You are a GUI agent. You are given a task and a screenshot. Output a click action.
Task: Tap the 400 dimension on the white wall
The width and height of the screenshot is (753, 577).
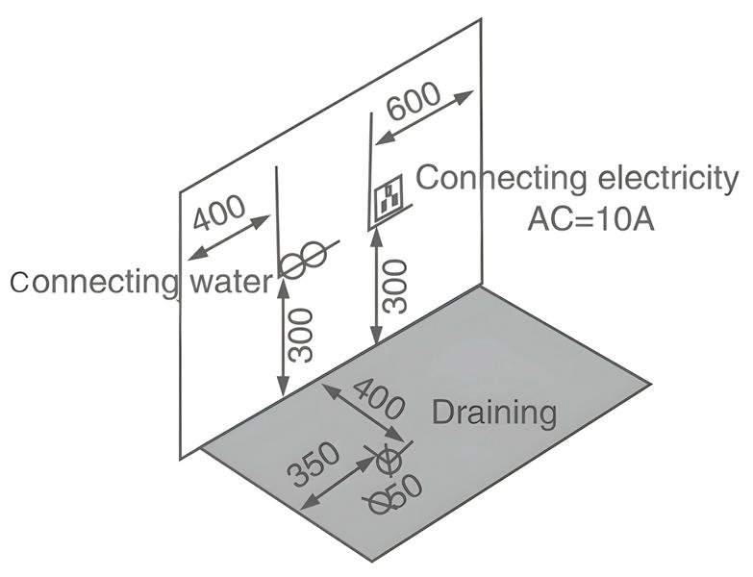pyautogui.click(x=219, y=213)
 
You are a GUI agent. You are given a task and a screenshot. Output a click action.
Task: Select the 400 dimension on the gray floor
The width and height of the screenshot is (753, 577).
pyautogui.click(x=378, y=396)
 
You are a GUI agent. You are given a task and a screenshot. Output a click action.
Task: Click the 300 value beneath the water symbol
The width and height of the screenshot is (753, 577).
pyautogui.click(x=302, y=336)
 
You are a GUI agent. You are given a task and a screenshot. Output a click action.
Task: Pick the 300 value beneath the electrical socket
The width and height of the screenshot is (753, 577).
pyautogui.click(x=393, y=286)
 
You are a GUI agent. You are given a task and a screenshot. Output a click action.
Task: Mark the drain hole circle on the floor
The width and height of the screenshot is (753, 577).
pyautogui.click(x=389, y=464)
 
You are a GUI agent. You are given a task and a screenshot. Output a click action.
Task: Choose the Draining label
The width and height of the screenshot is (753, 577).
pyautogui.click(x=493, y=413)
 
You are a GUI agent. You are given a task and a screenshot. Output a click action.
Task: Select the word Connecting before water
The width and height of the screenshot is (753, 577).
pyautogui.click(x=94, y=282)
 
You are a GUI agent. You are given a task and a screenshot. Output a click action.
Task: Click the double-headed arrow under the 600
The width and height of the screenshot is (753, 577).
pyautogui.click(x=424, y=117)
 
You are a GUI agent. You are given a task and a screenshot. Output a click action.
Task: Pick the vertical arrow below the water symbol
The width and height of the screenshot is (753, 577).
pyautogui.click(x=283, y=336)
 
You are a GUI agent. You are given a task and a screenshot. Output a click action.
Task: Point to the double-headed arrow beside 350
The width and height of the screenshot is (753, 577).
pyautogui.click(x=337, y=482)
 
